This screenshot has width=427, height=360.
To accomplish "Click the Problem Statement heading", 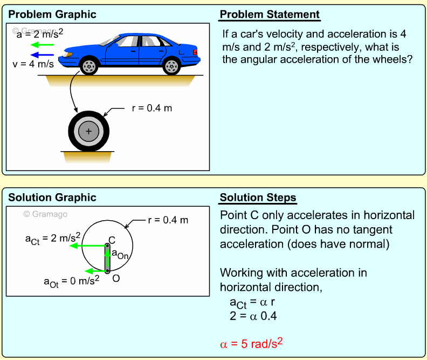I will tap(270, 15).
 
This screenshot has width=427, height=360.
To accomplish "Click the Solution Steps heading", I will tap(258, 198).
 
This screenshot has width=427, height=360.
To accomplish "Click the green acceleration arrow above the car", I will tap(42, 45).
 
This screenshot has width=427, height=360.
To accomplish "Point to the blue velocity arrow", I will tap(42, 55).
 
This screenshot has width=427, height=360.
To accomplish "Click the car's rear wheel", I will tap(171, 66).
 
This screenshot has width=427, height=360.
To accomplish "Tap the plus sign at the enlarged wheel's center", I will tap(89, 131).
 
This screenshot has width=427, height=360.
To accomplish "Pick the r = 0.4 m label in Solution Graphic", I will tap(168, 220).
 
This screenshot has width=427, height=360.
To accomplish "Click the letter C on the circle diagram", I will tap(112, 240).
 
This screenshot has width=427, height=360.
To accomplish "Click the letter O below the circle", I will tap(115, 278).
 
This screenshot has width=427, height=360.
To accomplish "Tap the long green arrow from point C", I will tap(89, 246).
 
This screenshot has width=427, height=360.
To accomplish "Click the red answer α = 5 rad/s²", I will tap(252, 343).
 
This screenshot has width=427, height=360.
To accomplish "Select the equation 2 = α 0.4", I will tap(253, 317).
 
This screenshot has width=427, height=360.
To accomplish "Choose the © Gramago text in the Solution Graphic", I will tap(45, 214).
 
